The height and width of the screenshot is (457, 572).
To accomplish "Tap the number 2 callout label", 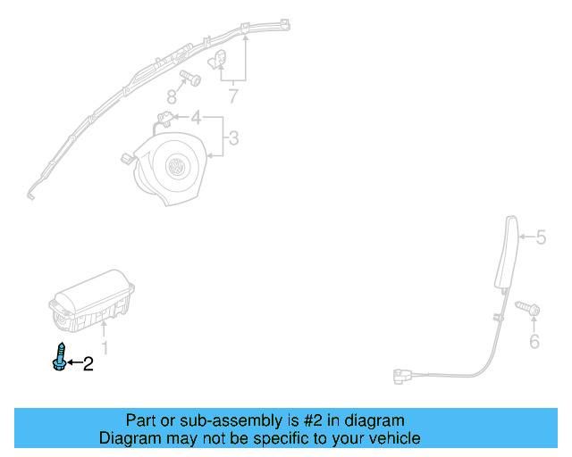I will click(88, 363).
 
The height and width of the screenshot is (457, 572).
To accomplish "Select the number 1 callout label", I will click(105, 347).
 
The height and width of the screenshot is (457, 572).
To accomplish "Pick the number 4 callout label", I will click(195, 117).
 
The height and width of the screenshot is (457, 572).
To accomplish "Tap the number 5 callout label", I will click(541, 238).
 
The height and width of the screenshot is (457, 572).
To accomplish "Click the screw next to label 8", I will click(190, 78).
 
